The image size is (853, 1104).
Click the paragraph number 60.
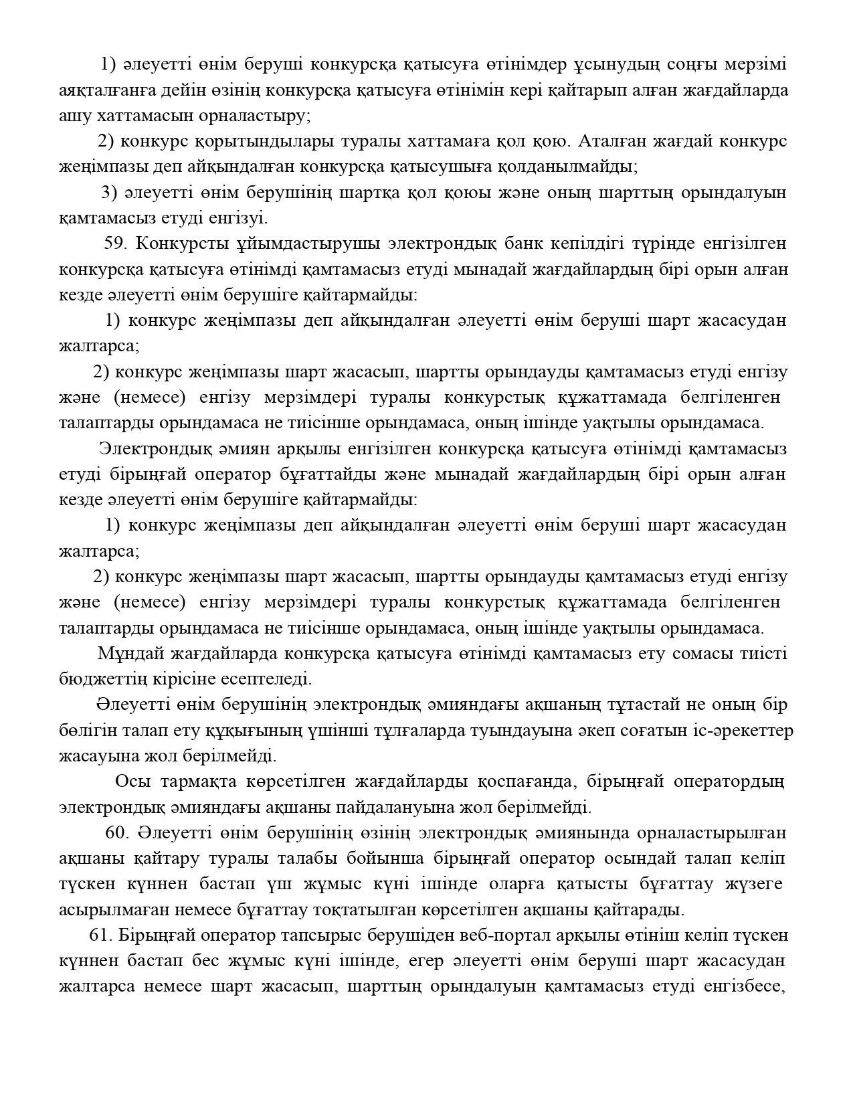point(116,833)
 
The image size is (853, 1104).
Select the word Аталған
point(611,141)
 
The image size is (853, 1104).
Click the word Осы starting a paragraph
point(132,781)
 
